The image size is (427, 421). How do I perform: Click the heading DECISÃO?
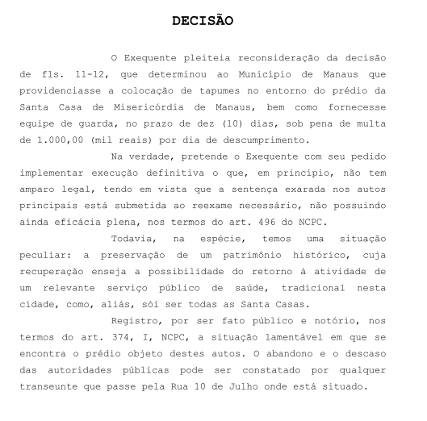coord(203,20)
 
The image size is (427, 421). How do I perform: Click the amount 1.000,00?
coord(75,131)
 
